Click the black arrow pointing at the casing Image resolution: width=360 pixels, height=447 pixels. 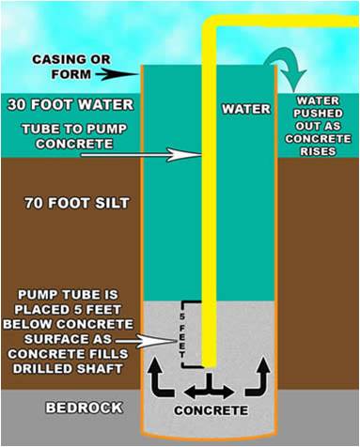click(117, 74)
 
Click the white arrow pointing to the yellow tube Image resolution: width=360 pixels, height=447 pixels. click(141, 155)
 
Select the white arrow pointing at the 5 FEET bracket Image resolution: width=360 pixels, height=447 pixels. click(145, 341)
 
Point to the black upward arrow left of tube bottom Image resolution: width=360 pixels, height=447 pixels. click(161, 378)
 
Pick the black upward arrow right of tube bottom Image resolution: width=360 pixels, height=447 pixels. click(258, 377)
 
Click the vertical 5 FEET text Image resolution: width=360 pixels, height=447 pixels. click(182, 335)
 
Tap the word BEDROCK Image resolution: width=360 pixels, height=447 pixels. click(85, 408)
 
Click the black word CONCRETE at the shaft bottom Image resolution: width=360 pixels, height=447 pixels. click(211, 410)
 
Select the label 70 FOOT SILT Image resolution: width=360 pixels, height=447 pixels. click(77, 203)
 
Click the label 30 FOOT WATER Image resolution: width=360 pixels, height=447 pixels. click(70, 104)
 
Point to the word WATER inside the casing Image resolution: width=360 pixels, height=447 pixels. click(246, 109)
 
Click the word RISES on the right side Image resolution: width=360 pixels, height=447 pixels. click(319, 151)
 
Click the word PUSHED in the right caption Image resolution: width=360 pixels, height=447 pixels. click(318, 114)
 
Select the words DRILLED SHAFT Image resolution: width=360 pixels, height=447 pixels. click(68, 369)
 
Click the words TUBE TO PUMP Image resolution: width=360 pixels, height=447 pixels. click(74, 130)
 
